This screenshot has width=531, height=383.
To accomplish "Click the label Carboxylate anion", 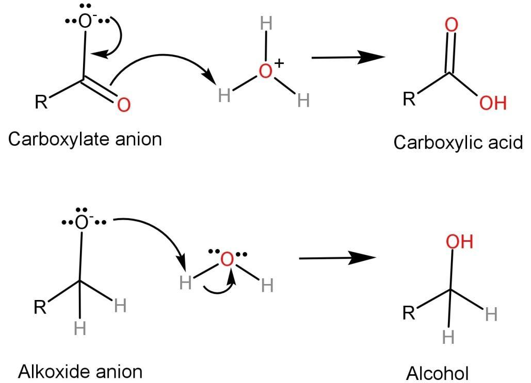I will coord(85,139).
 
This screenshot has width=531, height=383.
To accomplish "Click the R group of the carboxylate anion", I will coord(41,102).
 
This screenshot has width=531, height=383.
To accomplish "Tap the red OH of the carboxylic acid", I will coord(493,104).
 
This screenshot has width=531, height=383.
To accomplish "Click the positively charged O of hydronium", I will coord(266,72).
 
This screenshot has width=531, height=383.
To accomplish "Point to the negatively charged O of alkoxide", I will coord(82,223).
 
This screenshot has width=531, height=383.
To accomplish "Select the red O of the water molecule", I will coord(227,259).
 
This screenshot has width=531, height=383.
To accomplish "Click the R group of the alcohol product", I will coord(409,313).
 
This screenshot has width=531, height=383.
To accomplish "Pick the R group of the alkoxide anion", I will coord(40,308).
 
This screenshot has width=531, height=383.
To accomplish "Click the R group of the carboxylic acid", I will coord(409,99).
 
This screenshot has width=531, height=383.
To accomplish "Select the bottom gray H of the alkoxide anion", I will coord(79,328).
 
